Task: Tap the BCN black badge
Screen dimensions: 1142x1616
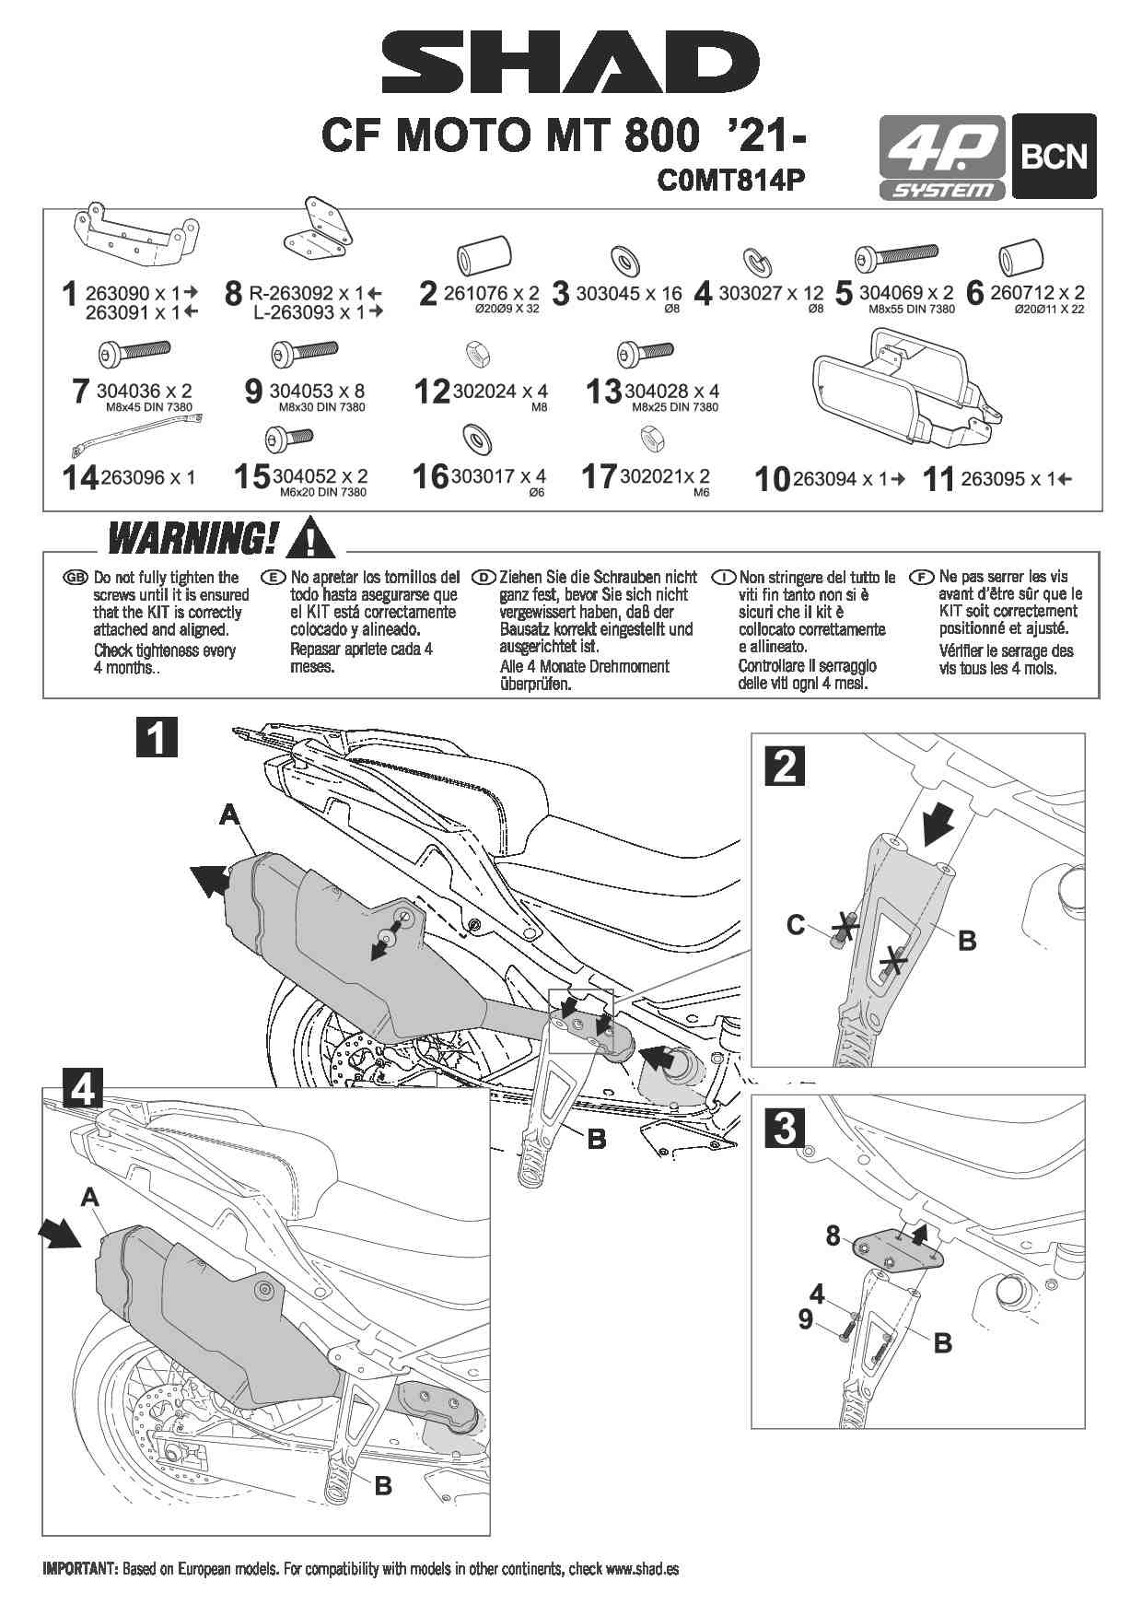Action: point(1054,156)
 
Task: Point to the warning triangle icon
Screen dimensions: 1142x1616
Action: point(311,536)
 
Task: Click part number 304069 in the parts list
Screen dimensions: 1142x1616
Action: point(891,292)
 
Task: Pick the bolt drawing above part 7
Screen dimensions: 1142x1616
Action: point(133,353)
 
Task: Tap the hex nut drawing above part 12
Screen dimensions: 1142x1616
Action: point(477,352)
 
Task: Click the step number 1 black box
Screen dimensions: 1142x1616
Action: point(157,738)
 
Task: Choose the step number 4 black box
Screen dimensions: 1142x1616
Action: point(83,1088)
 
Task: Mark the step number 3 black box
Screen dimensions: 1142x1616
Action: point(786,1128)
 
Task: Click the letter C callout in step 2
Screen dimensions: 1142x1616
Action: point(797,924)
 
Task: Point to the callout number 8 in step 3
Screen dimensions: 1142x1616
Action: point(833,1235)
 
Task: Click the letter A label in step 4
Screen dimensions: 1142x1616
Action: point(89,1197)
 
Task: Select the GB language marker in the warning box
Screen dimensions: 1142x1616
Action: point(75,578)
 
